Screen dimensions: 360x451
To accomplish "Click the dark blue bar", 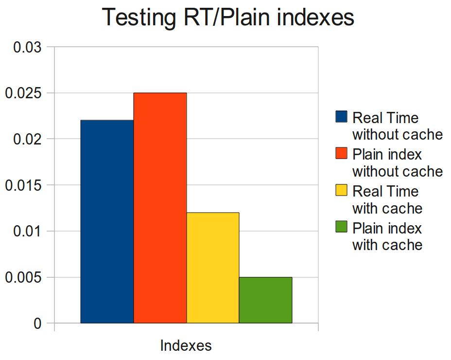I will (x=107, y=221).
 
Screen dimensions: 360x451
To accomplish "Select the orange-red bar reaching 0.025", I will (x=160, y=208).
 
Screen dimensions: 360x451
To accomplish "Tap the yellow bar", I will (x=213, y=268).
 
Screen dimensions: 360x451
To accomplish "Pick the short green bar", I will (x=265, y=300).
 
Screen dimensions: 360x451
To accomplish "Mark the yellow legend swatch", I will (x=342, y=190).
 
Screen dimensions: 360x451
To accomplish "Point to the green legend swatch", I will (x=342, y=227).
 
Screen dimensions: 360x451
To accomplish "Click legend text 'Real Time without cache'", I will (x=397, y=126).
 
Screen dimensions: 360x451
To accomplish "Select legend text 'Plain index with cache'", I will (x=387, y=236).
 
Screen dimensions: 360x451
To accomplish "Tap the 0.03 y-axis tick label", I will (x=27, y=47).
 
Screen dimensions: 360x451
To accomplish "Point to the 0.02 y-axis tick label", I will (x=27, y=140).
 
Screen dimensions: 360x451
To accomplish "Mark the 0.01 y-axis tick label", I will (x=27, y=232).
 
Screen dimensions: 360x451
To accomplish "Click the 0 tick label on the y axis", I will (x=37, y=324).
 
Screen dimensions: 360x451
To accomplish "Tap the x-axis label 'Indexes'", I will (x=186, y=346).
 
